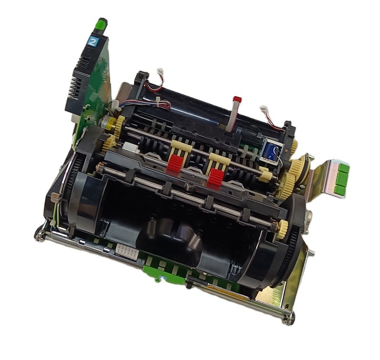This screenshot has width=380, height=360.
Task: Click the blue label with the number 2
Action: [x=92, y=41]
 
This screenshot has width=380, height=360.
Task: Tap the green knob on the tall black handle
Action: [x=102, y=24]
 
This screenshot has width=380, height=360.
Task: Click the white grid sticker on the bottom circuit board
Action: [x=127, y=251]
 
